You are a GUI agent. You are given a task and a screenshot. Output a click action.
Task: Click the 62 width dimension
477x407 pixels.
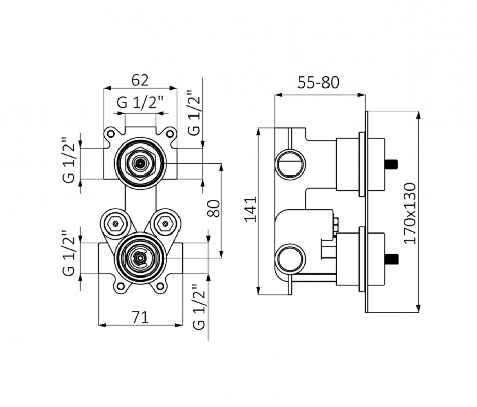coord(140,80)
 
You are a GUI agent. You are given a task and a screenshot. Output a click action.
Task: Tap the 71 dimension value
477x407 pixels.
coord(140,317)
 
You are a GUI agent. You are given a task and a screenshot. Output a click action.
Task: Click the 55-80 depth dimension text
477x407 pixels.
coord(318,82)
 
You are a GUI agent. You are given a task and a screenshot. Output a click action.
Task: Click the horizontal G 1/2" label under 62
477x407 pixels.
coord(140,103)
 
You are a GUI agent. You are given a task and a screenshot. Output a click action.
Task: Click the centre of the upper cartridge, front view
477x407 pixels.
coord(140,163)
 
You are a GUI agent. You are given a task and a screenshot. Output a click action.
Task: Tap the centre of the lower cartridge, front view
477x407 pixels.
coord(140,258)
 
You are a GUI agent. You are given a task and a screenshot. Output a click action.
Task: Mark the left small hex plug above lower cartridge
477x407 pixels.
coord(116,222)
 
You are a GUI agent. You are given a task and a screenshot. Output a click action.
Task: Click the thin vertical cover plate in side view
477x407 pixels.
coord(367,211)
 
